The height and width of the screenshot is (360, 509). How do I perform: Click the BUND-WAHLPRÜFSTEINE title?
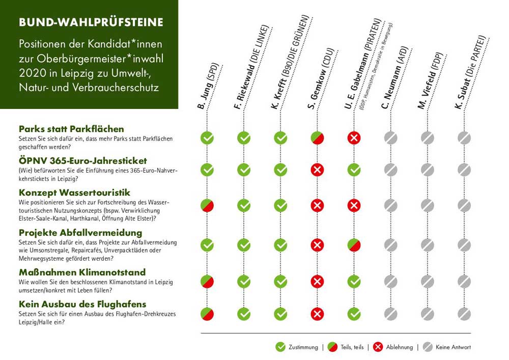91,22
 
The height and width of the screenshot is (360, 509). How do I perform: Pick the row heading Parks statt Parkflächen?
71,129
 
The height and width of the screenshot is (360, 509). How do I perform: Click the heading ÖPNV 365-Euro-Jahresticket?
83,160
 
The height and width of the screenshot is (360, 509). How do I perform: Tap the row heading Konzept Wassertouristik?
75,192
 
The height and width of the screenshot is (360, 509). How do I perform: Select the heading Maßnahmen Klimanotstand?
82,272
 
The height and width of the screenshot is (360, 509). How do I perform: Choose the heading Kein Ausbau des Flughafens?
82,304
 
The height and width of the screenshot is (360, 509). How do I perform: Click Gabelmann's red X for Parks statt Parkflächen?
354,138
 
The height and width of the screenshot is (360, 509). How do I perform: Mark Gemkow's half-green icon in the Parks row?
317,138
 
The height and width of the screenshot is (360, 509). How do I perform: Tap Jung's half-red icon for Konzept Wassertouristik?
207,205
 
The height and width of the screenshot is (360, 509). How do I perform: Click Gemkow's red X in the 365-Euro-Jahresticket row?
317,170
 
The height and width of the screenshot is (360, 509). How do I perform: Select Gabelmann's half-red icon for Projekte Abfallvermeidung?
354,245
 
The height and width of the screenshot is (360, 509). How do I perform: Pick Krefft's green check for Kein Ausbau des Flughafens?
280,313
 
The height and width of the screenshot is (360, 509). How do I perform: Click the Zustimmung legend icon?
280,347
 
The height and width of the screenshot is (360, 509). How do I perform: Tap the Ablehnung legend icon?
378,347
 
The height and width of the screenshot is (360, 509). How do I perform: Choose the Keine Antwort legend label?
453,347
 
